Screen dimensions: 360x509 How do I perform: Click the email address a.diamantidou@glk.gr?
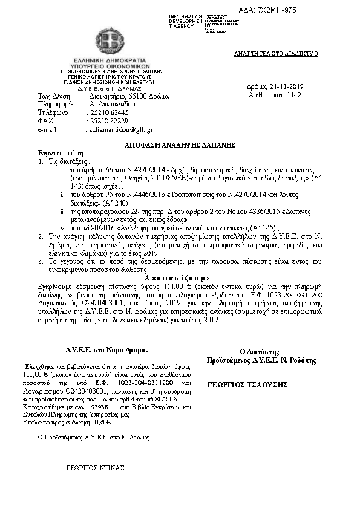pos(121,129)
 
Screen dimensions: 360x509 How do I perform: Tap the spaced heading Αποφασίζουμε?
pos(179,273)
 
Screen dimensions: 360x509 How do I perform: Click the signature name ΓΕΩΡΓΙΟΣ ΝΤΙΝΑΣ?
pos(95,468)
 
